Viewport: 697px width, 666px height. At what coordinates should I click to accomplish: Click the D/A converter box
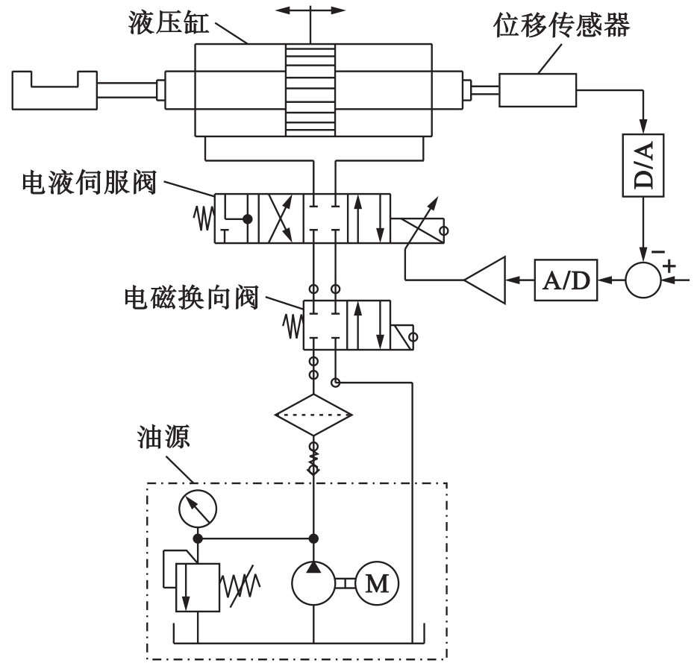tap(642, 165)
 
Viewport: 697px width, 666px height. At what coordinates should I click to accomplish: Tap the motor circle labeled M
tap(378, 582)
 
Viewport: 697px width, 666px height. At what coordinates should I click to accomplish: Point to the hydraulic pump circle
tap(313, 583)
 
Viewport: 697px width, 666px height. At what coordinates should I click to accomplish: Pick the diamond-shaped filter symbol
tap(313, 415)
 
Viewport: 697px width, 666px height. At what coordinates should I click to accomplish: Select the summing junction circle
tap(643, 280)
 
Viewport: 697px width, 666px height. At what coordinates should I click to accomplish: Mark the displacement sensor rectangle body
tap(538, 90)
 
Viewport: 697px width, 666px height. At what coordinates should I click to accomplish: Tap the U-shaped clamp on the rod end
tap(54, 89)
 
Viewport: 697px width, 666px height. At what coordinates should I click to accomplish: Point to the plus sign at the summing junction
tap(668, 266)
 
